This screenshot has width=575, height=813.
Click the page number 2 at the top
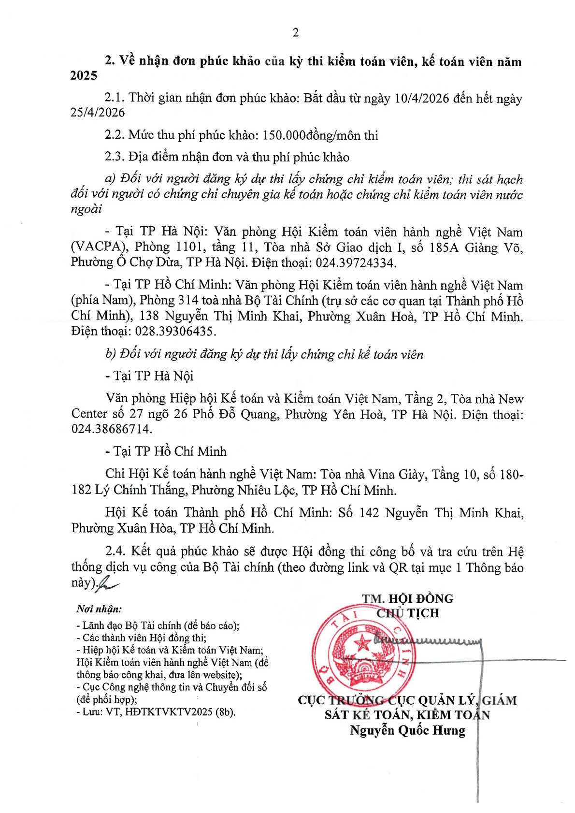click(x=296, y=32)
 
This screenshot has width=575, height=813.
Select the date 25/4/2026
click(x=98, y=113)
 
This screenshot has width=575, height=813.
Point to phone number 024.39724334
click(x=356, y=263)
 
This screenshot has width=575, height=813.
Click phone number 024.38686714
click(x=112, y=429)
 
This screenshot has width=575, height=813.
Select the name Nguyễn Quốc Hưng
click(x=407, y=730)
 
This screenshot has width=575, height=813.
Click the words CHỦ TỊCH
click(x=408, y=613)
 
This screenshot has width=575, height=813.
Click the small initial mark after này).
click(x=108, y=583)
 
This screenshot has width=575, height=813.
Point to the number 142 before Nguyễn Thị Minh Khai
click(x=369, y=513)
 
